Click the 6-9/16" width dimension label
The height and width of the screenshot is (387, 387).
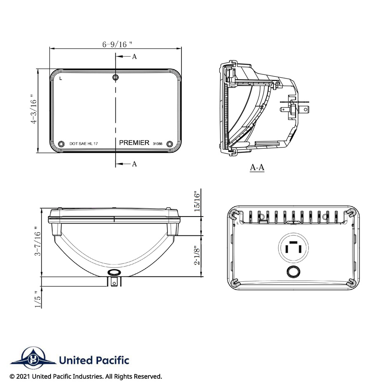pos(117,44)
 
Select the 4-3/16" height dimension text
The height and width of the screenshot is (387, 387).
pos(34,109)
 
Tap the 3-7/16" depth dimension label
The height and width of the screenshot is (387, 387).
pos(37,241)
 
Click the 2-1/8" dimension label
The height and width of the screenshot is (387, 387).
pos(197,256)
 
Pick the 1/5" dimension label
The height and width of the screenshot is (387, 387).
pos(37,299)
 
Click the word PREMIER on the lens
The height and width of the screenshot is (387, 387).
pos(134,143)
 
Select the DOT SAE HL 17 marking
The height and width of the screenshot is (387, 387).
pos(84,143)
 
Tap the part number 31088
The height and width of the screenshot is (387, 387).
pos(158,143)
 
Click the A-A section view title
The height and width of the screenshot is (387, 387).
pos(257,167)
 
